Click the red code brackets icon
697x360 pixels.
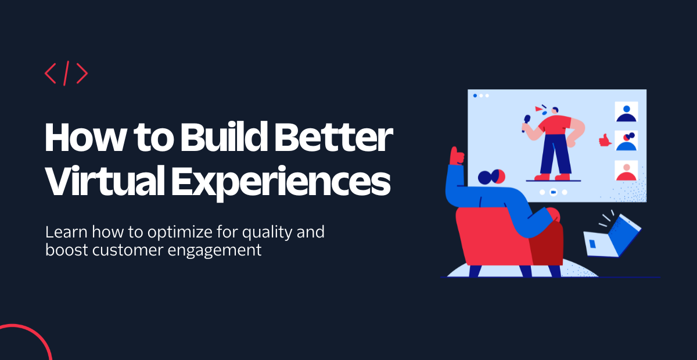(66, 73)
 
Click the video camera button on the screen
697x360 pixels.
(554, 192)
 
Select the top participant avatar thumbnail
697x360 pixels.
(626, 111)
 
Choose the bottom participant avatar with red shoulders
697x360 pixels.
(626, 171)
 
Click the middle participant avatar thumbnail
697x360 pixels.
(626, 141)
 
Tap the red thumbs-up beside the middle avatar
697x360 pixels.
(605, 140)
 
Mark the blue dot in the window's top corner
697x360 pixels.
(475, 95)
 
